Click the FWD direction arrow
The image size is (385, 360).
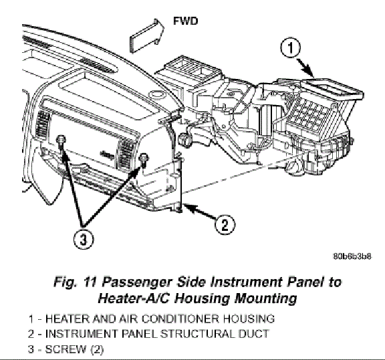(x=147, y=35)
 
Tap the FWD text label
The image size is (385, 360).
(x=185, y=21)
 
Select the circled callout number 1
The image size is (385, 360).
(x=291, y=48)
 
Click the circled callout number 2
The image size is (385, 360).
(x=225, y=224)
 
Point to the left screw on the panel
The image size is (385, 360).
(x=60, y=142)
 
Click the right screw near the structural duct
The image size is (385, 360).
(x=144, y=159)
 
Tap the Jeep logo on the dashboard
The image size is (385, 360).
(x=107, y=155)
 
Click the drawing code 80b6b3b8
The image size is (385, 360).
(x=352, y=256)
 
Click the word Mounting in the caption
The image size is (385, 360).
(x=265, y=298)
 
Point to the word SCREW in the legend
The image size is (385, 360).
(x=66, y=349)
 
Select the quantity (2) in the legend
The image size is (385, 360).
(x=97, y=349)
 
